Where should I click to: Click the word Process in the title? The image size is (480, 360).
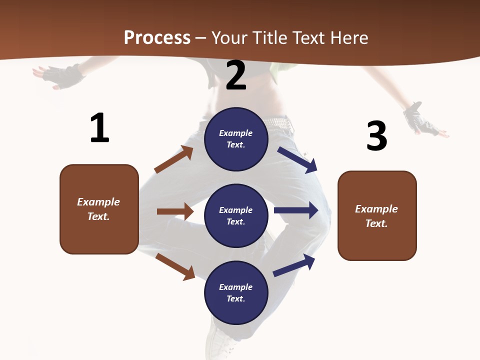(157, 37)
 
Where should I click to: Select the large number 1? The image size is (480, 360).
(99, 128)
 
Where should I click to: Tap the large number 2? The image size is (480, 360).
(236, 75)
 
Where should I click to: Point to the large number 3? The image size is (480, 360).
(376, 136)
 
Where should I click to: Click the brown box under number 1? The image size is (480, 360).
(99, 209)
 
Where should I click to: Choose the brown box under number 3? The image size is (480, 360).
(377, 215)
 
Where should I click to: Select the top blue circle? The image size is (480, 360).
(236, 139)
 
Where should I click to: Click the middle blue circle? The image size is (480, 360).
(236, 215)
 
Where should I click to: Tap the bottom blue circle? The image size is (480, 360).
(236, 292)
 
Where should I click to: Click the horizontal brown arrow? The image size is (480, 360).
(175, 211)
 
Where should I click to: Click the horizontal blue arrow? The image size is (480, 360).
(296, 210)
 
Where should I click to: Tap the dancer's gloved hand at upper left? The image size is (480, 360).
(62, 75)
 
